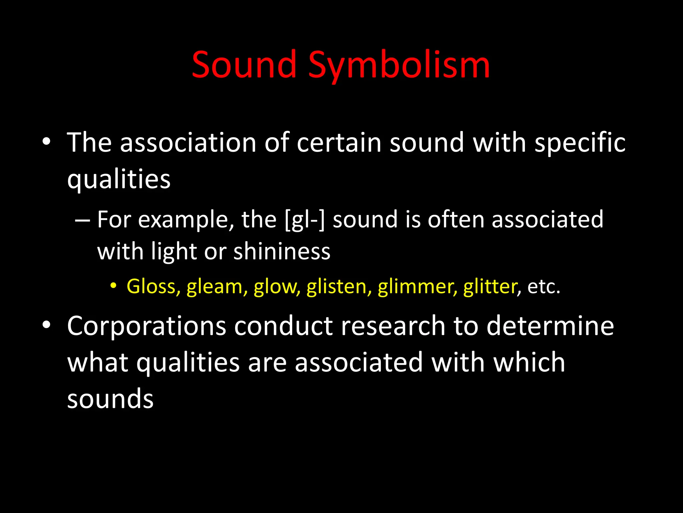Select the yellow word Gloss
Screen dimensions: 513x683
click(153, 287)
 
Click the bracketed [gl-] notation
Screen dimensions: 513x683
click(305, 220)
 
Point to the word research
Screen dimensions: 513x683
click(393, 326)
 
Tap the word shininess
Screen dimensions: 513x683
click(282, 251)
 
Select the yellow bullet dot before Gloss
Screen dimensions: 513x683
click(114, 286)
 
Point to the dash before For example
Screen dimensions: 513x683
click(82, 221)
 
